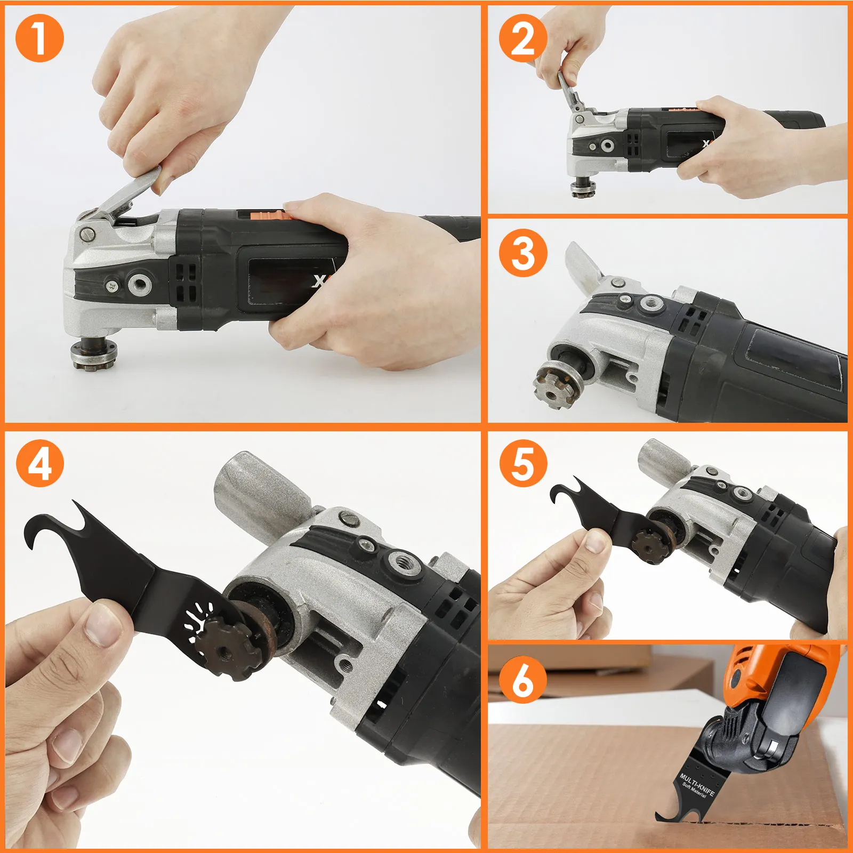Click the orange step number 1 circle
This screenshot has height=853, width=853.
(39, 38)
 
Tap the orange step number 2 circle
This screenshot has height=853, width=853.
(523, 38)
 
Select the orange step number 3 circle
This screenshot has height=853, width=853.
(523, 253)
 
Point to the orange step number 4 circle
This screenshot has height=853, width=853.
(39, 463)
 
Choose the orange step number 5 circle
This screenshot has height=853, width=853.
(523, 463)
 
